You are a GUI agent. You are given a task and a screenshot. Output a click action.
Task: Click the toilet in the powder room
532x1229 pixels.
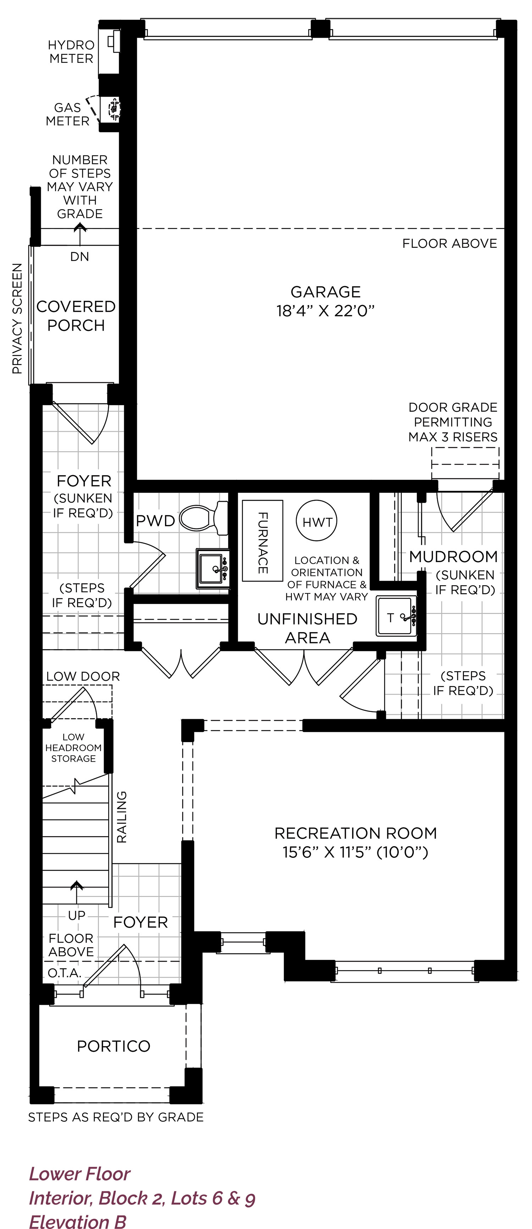pos(204,518)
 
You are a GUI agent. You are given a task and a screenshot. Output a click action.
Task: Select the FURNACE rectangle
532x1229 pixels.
pos(262,540)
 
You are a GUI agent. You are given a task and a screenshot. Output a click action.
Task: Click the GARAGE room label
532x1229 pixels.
pos(326,292)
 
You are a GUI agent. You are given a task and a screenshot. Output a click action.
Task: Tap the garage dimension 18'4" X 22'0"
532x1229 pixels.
pos(326,311)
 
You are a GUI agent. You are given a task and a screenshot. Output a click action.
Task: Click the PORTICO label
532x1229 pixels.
pos(113,1046)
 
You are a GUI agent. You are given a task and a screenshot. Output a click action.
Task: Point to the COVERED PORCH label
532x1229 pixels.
pos(76,315)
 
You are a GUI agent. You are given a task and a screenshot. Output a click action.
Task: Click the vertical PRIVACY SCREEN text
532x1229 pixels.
pos(17,318)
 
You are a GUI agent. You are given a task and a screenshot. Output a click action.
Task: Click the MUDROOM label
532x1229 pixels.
pos(453,556)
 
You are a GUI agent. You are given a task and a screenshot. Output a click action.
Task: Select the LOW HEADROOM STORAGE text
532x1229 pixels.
pos(73,747)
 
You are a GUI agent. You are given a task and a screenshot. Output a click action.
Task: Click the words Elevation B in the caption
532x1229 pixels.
pos(78,1222)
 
